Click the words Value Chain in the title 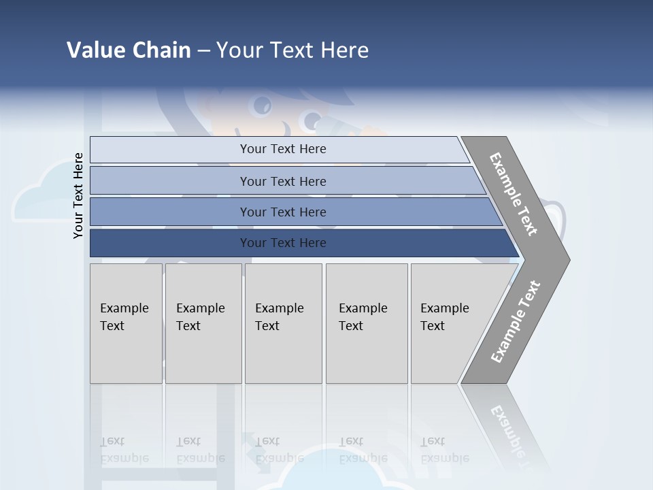point(129,50)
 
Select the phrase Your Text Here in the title point(292,50)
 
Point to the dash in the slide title point(203,51)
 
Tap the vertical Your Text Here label point(78,196)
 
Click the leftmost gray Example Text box point(126,323)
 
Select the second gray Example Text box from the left point(203,323)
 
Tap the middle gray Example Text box point(283,323)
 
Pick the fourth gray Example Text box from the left point(367,323)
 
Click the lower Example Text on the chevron point(516,321)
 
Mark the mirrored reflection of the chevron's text point(507,432)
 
